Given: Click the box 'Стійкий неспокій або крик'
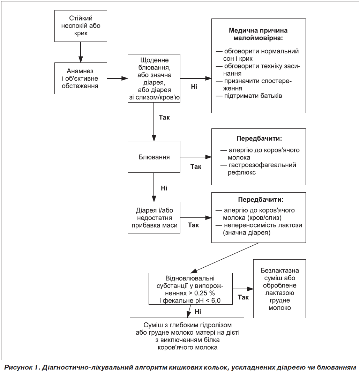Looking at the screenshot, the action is (81, 26).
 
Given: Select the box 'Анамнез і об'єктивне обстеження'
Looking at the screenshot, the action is (81, 78).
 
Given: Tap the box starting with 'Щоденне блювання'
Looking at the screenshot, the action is (154, 78).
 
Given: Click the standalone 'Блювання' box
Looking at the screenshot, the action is (154, 157).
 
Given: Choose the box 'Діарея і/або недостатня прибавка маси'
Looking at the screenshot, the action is (154, 217).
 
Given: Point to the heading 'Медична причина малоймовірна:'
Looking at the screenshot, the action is (258, 34).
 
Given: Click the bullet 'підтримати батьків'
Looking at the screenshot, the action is (249, 96).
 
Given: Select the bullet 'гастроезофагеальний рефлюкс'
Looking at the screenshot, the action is (258, 169).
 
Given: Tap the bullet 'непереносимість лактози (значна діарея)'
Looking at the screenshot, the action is (259, 229).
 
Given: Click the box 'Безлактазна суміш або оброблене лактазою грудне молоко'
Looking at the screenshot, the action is (279, 289).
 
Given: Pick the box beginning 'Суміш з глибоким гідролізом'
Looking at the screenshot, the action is (187, 336).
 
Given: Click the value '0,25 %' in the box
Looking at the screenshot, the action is (204, 293).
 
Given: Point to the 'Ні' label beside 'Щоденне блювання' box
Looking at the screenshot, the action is (194, 87).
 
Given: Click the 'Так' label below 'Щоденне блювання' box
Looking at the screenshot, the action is (164, 118).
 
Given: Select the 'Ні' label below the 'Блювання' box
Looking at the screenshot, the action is (164, 188).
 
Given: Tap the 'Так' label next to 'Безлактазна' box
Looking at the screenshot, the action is (243, 297).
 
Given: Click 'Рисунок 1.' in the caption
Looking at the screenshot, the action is (22, 367).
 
